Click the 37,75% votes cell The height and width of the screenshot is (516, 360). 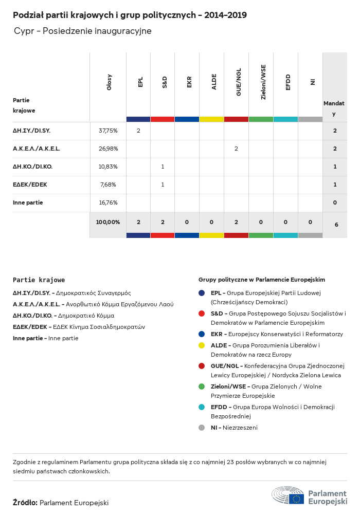(x=108, y=131)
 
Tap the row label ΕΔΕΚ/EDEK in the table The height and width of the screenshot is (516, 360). (x=30, y=185)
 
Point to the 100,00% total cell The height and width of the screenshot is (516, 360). (x=108, y=222)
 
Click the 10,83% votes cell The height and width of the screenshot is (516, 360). (x=108, y=167)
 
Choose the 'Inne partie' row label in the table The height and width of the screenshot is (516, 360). (x=28, y=202)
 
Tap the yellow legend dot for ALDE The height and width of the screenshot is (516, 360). (x=202, y=346)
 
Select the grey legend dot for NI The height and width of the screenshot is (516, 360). (x=202, y=428)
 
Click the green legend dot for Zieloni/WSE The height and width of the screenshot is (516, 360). (x=202, y=386)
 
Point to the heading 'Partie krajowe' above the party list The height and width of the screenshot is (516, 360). (x=39, y=280)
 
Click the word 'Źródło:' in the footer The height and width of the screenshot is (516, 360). (x=25, y=503)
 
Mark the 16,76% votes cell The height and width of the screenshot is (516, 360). (x=108, y=202)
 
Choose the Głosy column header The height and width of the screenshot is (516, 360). (x=109, y=82)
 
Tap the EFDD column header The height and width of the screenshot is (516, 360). (x=288, y=82)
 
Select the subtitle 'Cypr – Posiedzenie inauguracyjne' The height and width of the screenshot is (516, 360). (x=83, y=31)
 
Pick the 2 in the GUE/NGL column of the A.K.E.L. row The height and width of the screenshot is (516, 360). (x=236, y=149)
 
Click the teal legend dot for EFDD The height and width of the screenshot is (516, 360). (x=202, y=407)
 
